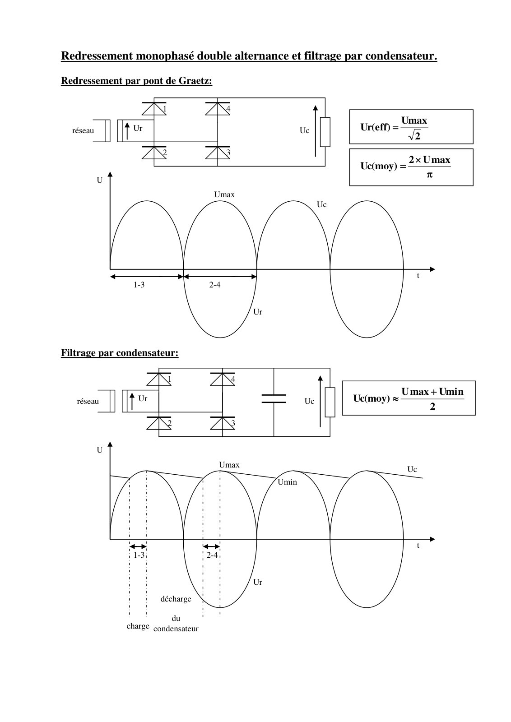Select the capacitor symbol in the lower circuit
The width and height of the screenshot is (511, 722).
[x=274, y=399]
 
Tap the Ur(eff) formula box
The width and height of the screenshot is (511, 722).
[x=411, y=127]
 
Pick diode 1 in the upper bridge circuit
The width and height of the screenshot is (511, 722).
[x=154, y=109]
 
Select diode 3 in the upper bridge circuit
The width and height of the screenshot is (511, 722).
[x=218, y=153]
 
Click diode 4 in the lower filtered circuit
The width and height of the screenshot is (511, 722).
[x=223, y=379]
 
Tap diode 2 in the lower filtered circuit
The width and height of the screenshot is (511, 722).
[x=159, y=423]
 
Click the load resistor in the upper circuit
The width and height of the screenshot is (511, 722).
[x=325, y=132]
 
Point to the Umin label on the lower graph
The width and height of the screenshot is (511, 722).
[x=287, y=482]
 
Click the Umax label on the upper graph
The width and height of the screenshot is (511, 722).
[x=224, y=194]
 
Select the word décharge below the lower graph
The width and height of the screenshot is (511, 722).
[x=176, y=599]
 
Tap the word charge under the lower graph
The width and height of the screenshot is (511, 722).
[x=138, y=626]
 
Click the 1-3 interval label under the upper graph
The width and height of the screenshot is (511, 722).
[x=139, y=285]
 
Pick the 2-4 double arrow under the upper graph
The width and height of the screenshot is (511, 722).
[x=220, y=277]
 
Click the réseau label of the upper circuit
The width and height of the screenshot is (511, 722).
[x=83, y=130]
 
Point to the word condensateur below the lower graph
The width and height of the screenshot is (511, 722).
[x=176, y=629]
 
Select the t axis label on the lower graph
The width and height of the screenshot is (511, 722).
[x=418, y=546]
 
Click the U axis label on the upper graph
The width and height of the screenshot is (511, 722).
[x=100, y=180]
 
